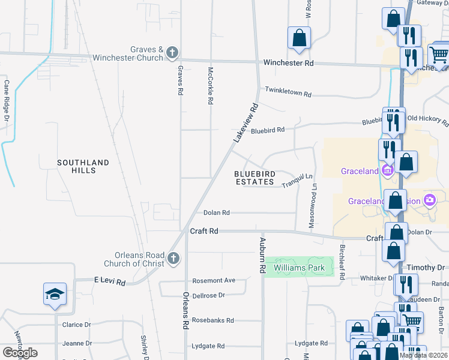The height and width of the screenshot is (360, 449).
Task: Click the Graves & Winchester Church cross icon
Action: (x=172, y=53)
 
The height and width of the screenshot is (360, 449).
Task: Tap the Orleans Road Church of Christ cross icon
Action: (x=173, y=259)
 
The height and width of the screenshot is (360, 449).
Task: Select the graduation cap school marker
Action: (x=55, y=295)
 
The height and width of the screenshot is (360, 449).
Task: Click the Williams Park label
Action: (x=299, y=268)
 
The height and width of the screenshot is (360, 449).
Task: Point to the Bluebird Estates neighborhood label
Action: (x=255, y=178)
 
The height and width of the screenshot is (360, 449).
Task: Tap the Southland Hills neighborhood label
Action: (x=84, y=166)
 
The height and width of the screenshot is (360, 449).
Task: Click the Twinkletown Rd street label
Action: (x=288, y=94)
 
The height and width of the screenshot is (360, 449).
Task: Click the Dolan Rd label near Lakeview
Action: (x=217, y=212)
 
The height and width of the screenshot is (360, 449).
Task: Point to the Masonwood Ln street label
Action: (x=313, y=205)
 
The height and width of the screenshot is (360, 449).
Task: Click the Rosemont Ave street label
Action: (x=214, y=280)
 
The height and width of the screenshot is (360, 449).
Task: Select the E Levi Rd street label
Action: (x=109, y=281)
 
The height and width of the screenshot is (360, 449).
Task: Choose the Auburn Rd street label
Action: (x=262, y=256)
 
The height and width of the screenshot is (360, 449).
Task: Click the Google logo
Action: (x=20, y=353)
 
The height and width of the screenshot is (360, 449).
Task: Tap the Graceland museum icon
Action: (x=387, y=171)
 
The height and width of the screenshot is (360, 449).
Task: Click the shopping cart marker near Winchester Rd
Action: (x=439, y=55)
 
